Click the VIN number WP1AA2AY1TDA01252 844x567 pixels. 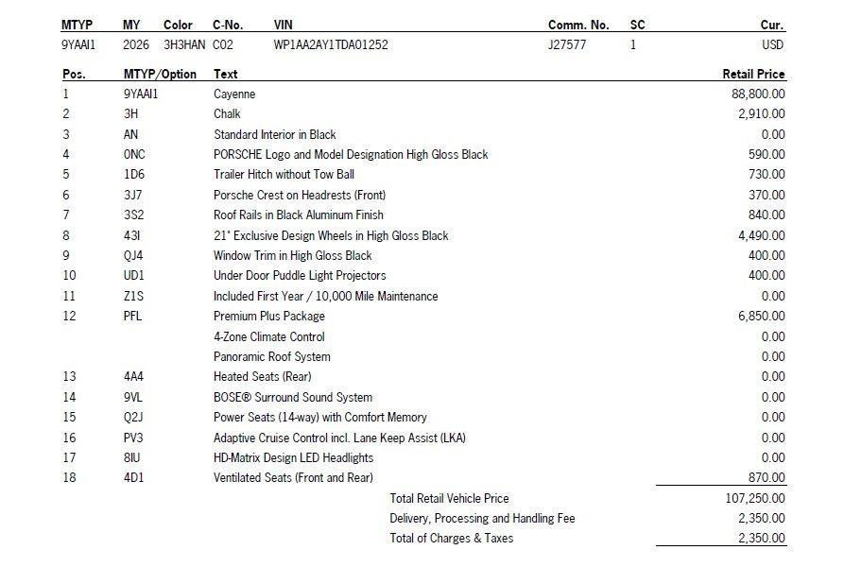coord(330,44)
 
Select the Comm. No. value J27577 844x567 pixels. coord(567,44)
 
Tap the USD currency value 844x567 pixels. coord(772,44)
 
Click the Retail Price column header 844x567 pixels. coord(753,74)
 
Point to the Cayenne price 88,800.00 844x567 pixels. coord(758,94)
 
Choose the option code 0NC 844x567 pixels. coord(134,154)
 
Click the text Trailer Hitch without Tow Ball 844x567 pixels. coord(284,175)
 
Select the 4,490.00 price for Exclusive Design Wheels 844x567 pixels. coord(761,235)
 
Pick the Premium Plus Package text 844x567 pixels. coord(268,317)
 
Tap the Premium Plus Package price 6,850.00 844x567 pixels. coord(761,317)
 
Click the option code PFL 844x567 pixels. coord(132,317)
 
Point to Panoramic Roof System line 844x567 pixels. coord(271,357)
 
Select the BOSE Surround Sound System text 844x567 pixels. coord(292,398)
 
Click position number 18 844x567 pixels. coord(68,478)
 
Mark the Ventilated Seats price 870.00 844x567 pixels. coord(766,478)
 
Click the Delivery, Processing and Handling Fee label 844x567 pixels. coord(482,519)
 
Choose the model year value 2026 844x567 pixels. coord(136,44)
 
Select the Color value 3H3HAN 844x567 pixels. coord(182,44)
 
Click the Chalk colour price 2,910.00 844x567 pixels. coord(761,114)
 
